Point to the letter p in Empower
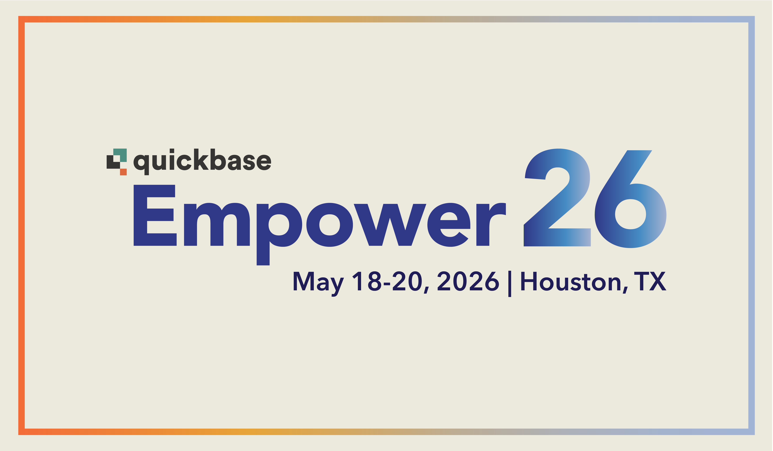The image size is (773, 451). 278,225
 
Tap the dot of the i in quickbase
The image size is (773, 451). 172,151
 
